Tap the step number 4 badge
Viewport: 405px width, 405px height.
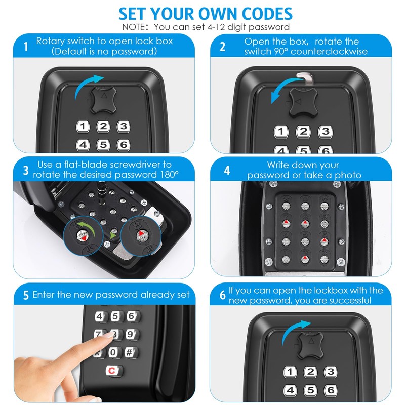pos(227,171)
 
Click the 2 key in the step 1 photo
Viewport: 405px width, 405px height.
pos(103,127)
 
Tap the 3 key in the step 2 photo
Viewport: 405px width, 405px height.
pos(324,132)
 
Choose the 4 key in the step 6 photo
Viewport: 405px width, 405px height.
pos(290,390)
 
